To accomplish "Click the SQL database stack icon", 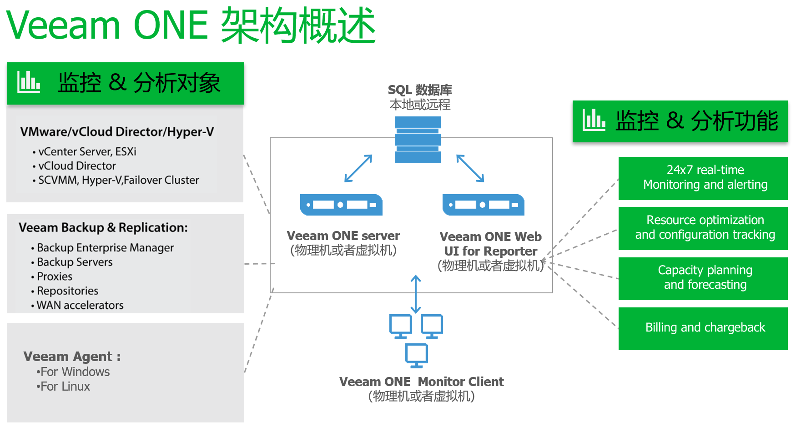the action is click(418, 140).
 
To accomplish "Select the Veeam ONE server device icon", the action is click(341, 205).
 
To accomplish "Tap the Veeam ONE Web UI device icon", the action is click(484, 205).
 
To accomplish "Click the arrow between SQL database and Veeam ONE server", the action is click(358, 168).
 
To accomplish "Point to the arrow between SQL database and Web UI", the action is click(470, 168).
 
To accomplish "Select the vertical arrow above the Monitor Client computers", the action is click(416, 294).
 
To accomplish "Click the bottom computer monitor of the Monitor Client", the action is click(417, 356).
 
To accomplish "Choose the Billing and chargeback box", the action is click(703, 329).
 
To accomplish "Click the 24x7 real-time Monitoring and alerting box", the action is click(703, 178).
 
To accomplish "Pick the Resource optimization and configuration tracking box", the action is click(703, 228).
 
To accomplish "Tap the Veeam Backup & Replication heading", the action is click(103, 227).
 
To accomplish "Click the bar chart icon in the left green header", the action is click(29, 82).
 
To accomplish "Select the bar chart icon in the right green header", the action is click(594, 120).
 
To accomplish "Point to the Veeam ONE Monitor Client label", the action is click(422, 382).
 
